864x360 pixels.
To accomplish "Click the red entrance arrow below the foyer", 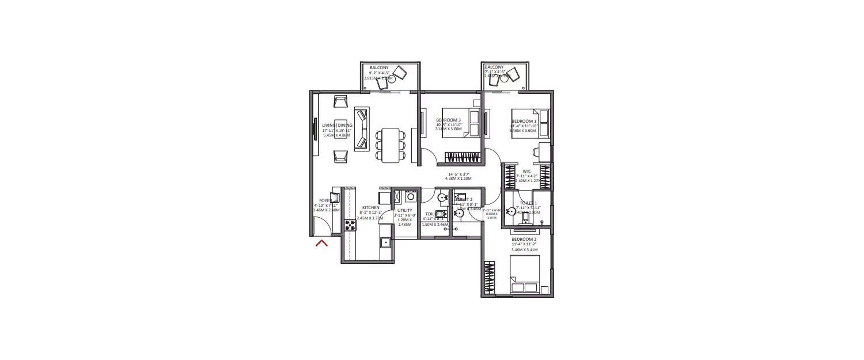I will pyautogui.click(x=321, y=243).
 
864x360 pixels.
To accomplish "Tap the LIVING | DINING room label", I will pyautogui.click(x=337, y=126).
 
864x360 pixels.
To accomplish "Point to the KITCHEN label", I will pyautogui.click(x=370, y=207).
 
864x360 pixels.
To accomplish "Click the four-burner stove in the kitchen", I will pyautogui.click(x=350, y=225).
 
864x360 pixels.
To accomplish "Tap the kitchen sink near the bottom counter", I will pyautogui.click(x=385, y=242).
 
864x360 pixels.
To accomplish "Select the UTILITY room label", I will pyautogui.click(x=404, y=211).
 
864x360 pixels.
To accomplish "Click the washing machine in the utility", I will pyautogui.click(x=410, y=196).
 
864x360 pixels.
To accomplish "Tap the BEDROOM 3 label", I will pyautogui.click(x=448, y=120).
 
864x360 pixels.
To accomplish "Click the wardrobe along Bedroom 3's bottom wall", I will pyautogui.click(x=462, y=157).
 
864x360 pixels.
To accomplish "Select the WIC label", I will pyautogui.click(x=526, y=171).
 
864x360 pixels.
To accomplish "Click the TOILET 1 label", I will pyautogui.click(x=528, y=203).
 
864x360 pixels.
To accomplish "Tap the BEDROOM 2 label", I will pyautogui.click(x=524, y=239).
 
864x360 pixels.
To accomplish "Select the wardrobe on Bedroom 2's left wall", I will pyautogui.click(x=490, y=278).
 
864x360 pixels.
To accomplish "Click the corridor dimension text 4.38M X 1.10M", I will pyautogui.click(x=458, y=179).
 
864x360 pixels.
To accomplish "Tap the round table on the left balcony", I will pyautogui.click(x=391, y=80).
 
